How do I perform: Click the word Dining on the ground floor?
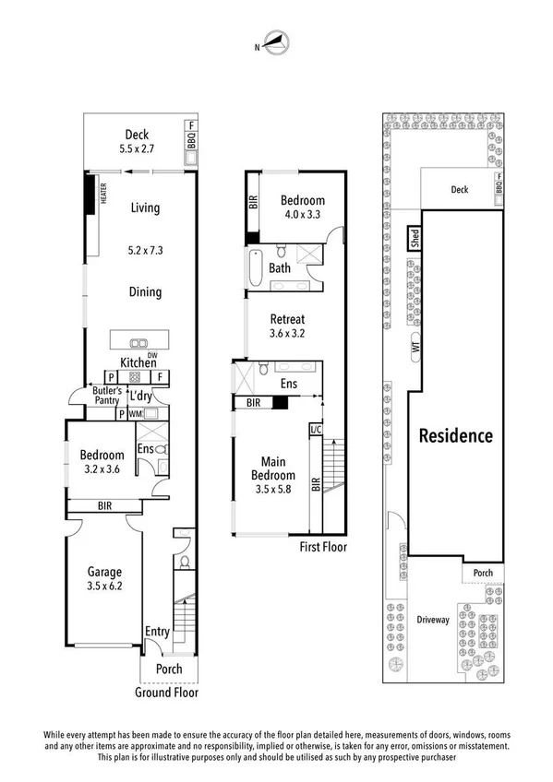point(145,292)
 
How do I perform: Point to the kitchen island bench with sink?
point(142,338)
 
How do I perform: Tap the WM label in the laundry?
point(136,414)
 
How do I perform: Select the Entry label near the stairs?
point(157,632)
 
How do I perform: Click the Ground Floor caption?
point(167,693)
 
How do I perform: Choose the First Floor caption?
point(323,547)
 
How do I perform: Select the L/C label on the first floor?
point(315,430)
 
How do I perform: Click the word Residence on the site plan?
point(456,436)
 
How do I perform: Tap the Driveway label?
point(432,620)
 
